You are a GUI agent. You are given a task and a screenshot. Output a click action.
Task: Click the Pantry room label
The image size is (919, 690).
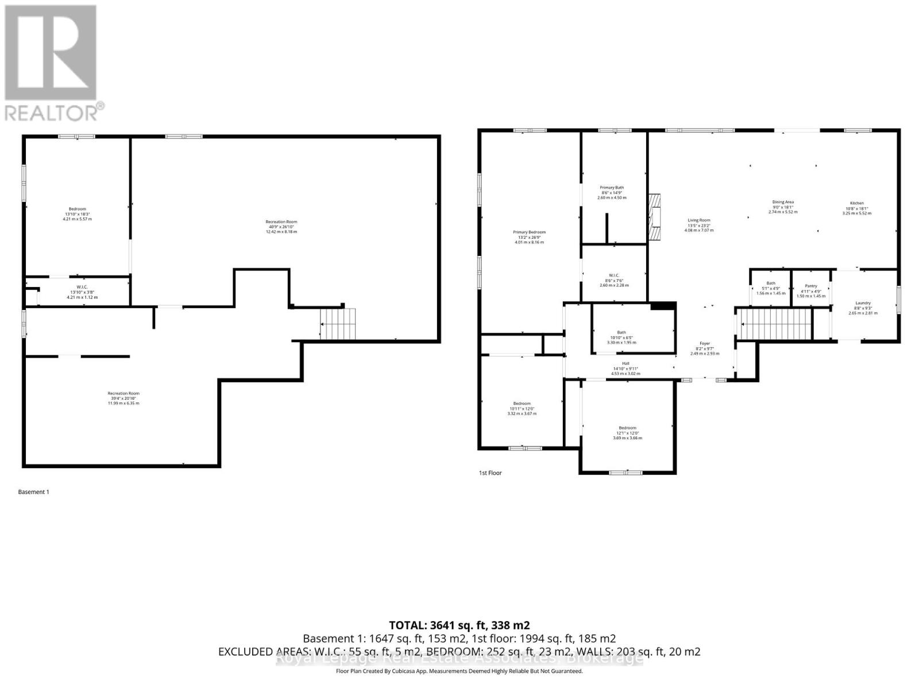click(x=811, y=286)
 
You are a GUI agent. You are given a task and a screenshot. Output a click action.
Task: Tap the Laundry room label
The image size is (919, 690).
click(x=863, y=303)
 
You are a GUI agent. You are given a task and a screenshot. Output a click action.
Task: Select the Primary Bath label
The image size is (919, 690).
click(x=612, y=187)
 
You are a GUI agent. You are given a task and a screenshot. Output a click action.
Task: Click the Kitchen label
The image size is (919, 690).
click(x=856, y=203)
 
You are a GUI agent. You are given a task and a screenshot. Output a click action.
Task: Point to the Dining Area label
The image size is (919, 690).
click(x=783, y=202)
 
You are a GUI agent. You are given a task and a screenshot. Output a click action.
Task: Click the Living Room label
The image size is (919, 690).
click(x=699, y=220)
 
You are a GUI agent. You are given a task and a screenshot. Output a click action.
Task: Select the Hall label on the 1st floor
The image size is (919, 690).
click(x=625, y=363)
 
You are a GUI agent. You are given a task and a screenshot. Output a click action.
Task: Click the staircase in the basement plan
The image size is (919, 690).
click(x=338, y=324)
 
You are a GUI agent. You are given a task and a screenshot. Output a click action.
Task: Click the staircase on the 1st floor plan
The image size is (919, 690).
click(x=775, y=324)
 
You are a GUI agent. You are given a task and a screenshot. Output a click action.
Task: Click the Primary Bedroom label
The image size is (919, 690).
click(x=529, y=232)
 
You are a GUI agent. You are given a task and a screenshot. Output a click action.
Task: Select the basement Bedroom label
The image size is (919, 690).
click(x=78, y=209)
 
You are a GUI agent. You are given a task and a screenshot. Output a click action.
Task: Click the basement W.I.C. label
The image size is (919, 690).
click(x=82, y=287)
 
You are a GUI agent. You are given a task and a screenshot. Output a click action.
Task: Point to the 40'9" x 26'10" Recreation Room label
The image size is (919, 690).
click(x=281, y=222)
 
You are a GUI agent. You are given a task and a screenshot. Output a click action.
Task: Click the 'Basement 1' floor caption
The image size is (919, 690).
click(x=34, y=492)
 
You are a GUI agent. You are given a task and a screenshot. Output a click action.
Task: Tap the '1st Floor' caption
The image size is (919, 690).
click(x=490, y=473)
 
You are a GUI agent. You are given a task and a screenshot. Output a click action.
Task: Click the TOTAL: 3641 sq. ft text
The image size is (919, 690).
click(x=459, y=625)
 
